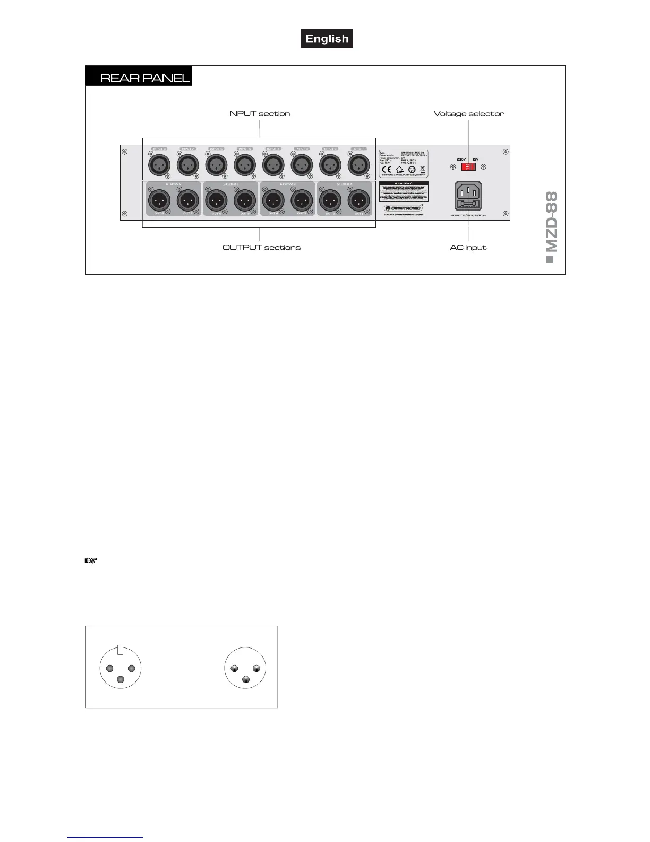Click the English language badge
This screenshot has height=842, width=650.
[x=327, y=39]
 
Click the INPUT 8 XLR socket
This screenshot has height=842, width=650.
[x=159, y=165]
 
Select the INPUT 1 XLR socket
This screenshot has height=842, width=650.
[x=358, y=165]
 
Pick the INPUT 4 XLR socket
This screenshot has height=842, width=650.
[x=273, y=165]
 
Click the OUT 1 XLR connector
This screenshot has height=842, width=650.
[x=358, y=201]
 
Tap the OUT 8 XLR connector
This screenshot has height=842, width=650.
[x=159, y=201]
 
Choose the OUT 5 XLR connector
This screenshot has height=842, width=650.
[x=244, y=201]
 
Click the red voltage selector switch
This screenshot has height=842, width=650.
[x=468, y=167]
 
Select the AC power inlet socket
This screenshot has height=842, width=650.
[x=468, y=196]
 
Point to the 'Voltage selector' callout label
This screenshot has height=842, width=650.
[x=469, y=113]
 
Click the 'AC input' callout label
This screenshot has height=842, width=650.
[x=468, y=247]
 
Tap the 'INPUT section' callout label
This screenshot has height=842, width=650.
[x=259, y=113]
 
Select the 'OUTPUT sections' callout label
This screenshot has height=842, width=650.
[x=261, y=247]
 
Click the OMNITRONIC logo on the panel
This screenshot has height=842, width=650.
[x=403, y=208]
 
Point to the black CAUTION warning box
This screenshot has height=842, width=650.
[x=403, y=191]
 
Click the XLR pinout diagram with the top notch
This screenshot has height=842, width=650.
[x=121, y=668]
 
